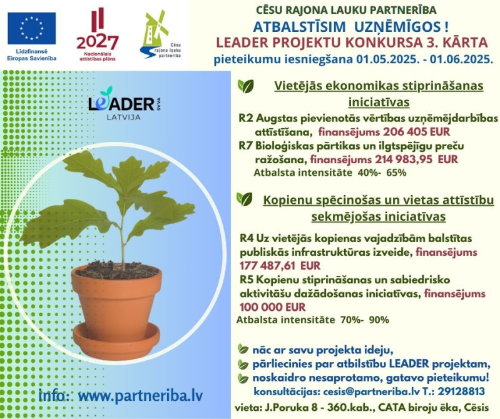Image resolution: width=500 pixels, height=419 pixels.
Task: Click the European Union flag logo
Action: pos(31,28)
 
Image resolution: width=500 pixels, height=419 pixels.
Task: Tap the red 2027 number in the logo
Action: pos(97,43)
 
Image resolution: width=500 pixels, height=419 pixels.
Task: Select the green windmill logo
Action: pos(156,34)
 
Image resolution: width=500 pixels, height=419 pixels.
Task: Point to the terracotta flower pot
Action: pos(116,303)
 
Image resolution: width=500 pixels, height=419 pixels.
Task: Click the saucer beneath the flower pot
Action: pos(116,341)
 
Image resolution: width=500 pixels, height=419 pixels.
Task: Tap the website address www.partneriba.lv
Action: pos(140,396)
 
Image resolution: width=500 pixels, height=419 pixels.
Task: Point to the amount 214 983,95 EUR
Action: pos(416,159)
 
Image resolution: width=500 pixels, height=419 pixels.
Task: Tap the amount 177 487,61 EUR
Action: pos(280,266)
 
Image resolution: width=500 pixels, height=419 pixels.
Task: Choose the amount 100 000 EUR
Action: pos(272,307)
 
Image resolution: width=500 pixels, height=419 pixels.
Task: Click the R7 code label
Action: pos(246,146)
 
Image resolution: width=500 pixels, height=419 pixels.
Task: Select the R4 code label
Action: pos(247,238)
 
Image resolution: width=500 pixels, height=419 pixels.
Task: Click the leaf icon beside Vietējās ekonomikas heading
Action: pos(245,86)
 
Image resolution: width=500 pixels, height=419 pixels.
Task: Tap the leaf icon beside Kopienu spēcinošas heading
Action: pos(244,199)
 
